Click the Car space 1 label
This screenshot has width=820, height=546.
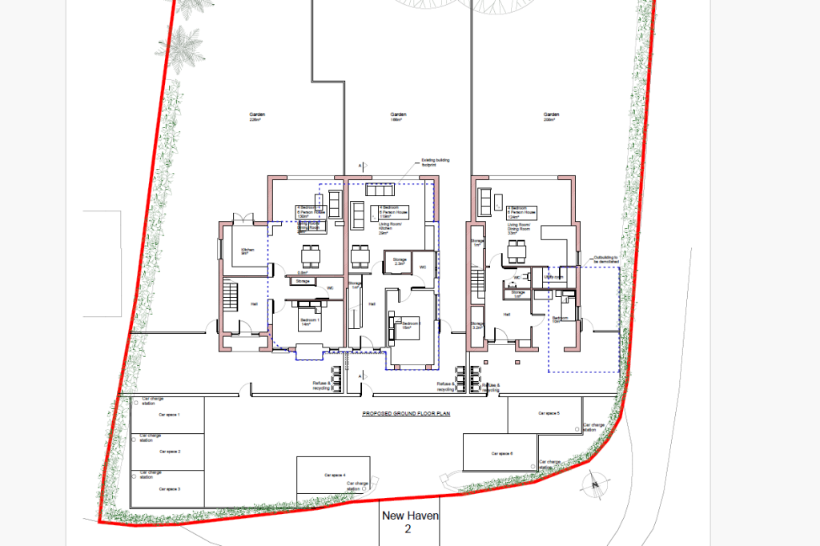tap(169, 415)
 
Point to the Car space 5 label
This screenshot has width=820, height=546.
tap(548, 413)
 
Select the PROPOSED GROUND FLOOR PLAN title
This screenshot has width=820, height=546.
tap(408, 414)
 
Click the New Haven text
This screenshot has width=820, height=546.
tap(410, 516)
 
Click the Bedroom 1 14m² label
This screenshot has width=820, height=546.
tap(310, 322)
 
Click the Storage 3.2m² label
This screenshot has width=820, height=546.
tap(477, 326)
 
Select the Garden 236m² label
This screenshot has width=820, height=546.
tap(256, 117)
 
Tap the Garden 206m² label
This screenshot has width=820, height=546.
tap(549, 117)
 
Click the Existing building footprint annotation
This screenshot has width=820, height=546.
tap(436, 163)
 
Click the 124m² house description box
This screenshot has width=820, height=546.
tap(521, 212)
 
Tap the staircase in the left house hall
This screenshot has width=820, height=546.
tap(231, 295)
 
